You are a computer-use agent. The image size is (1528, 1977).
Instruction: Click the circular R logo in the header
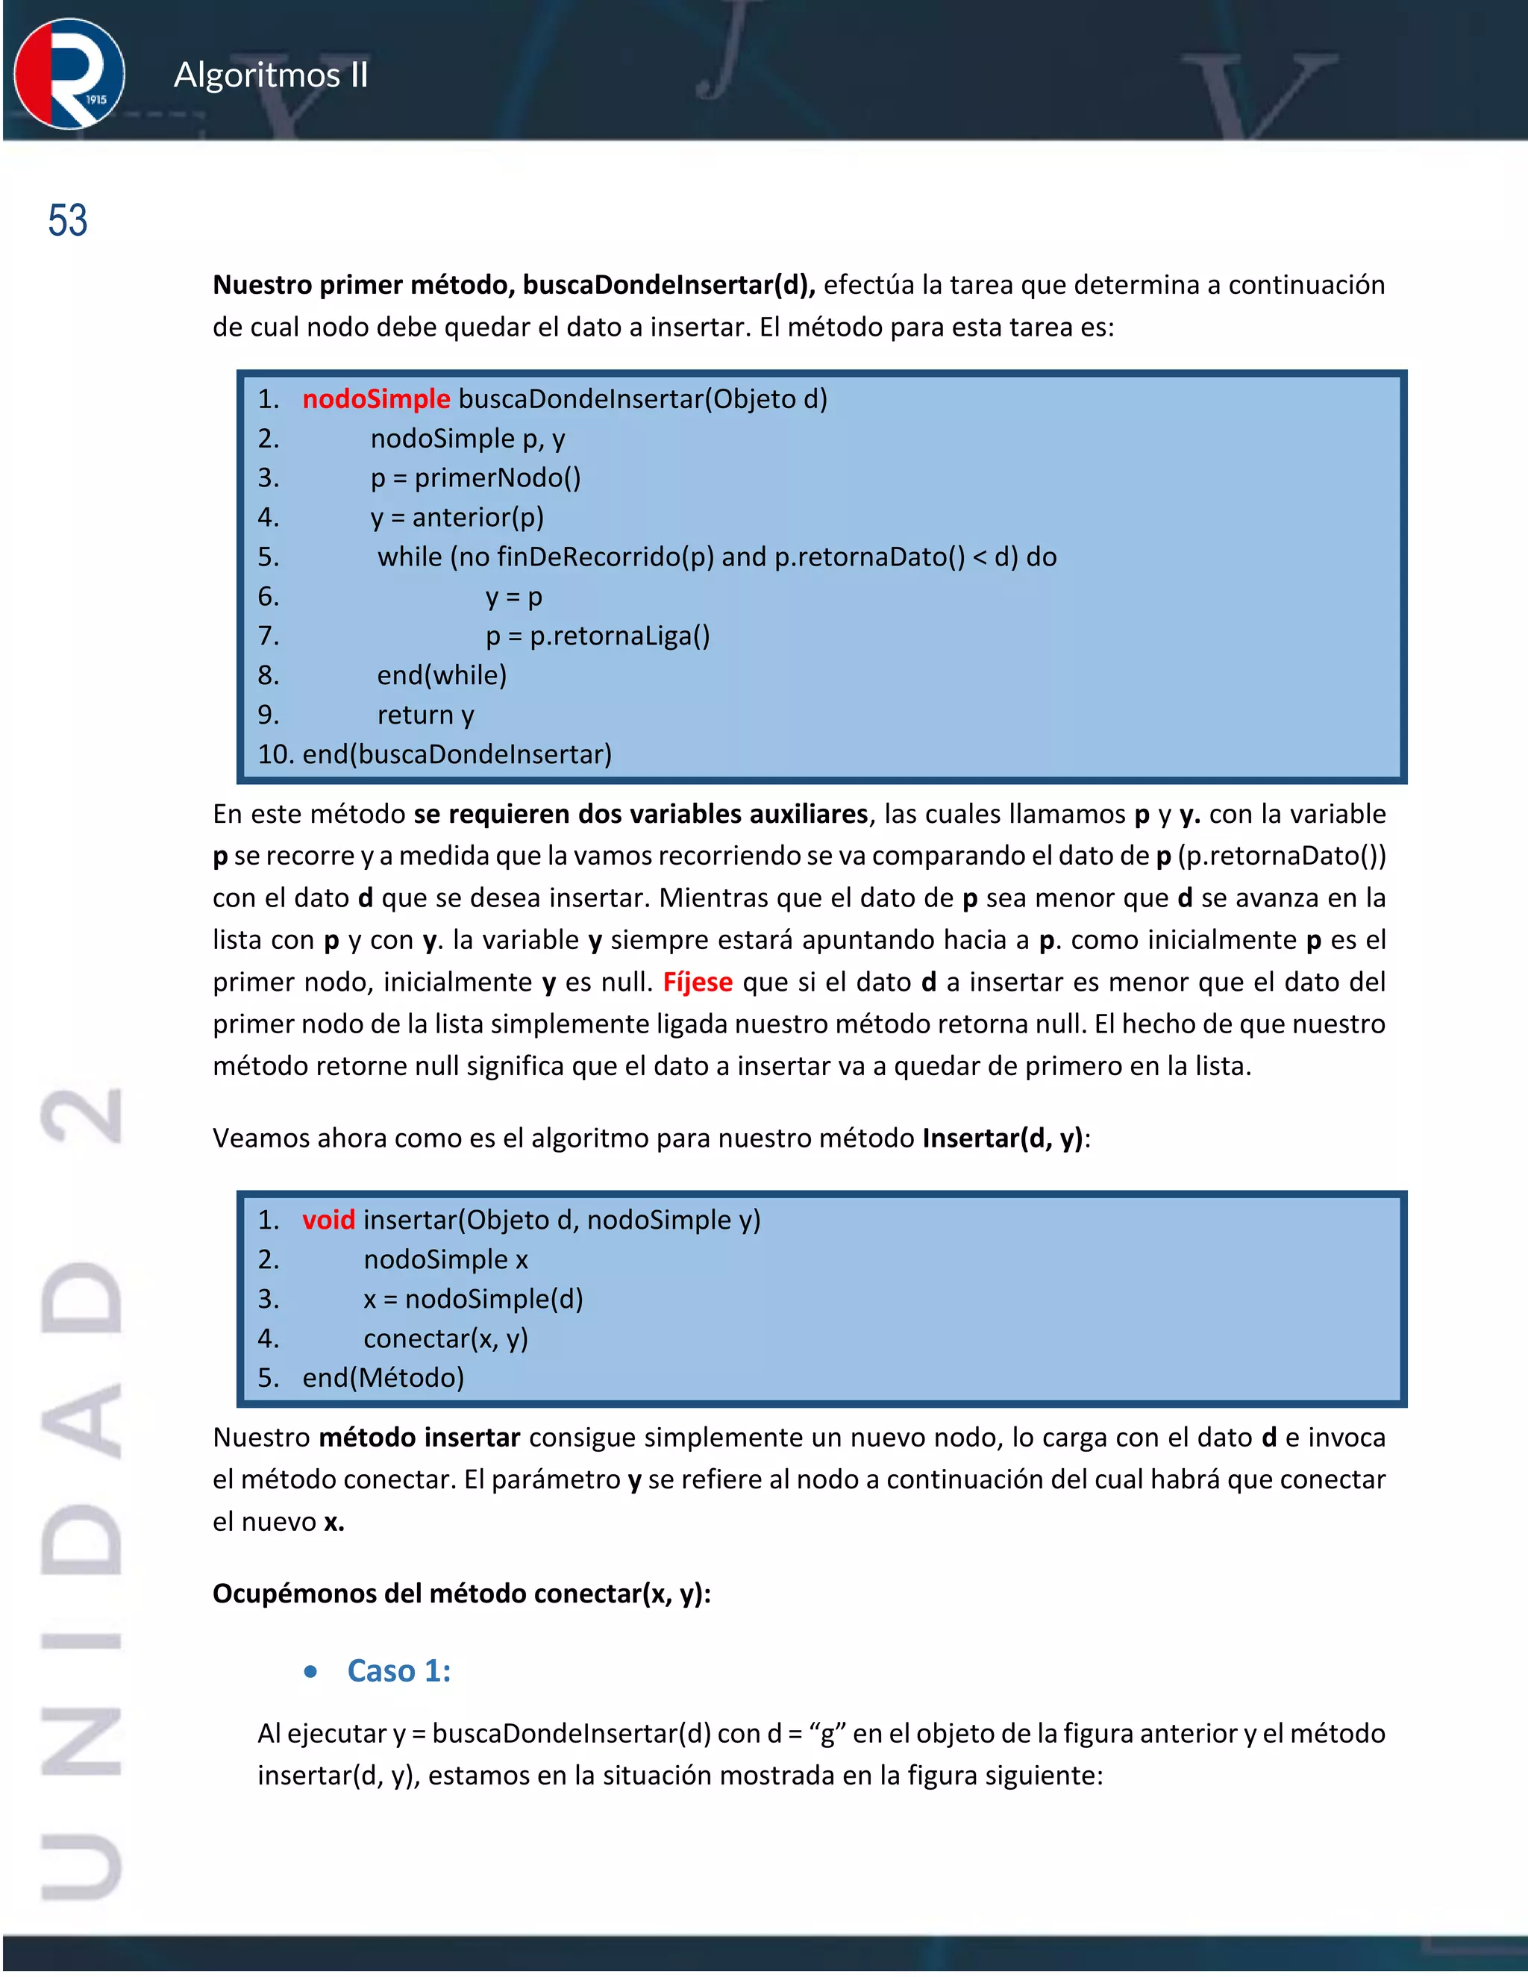pos(69,74)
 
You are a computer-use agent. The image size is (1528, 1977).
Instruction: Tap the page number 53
pos(67,221)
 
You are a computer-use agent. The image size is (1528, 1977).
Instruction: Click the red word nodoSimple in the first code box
pos(376,399)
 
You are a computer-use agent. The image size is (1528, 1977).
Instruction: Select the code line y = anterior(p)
pos(457,518)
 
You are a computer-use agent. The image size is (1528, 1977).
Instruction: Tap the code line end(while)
pos(442,675)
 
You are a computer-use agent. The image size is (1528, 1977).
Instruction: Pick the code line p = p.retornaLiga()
pos(598,636)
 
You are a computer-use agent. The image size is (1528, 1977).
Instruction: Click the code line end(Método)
pos(383,1378)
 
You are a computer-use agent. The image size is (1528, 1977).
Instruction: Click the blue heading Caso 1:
pos(398,1671)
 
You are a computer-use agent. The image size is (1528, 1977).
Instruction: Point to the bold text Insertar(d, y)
pos(1002,1138)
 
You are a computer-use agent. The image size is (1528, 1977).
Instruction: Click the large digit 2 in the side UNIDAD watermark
pos(81,1115)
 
